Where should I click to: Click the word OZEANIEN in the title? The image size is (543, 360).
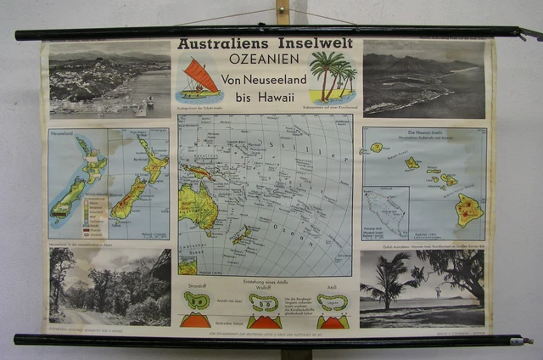(x=265, y=60)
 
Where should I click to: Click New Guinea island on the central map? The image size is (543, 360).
(x=199, y=171)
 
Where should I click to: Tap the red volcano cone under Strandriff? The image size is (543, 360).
(x=197, y=321)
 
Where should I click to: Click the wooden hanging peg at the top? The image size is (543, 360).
(x=283, y=12)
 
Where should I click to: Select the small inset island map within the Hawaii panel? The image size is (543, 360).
(x=385, y=213)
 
